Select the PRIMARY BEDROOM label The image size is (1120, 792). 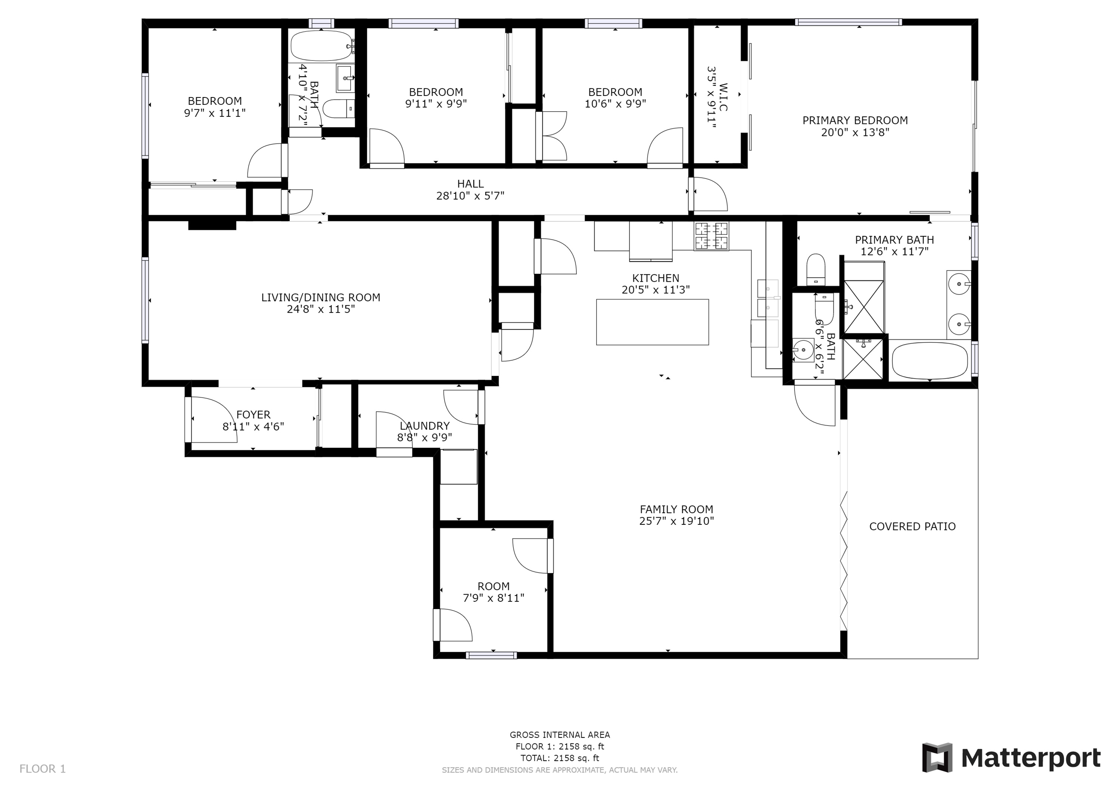[x=855, y=121]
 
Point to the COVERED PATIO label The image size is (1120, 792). [x=912, y=526]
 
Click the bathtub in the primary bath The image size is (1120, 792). [x=930, y=361]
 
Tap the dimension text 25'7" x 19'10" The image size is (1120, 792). [x=676, y=521]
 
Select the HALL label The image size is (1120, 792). [x=470, y=184]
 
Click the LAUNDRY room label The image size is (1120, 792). [x=424, y=426]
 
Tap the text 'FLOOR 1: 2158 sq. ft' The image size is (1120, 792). [x=560, y=746]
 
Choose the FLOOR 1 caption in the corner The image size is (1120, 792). [x=43, y=769]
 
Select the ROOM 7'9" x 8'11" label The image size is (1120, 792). [x=493, y=592]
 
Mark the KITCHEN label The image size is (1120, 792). [x=656, y=278]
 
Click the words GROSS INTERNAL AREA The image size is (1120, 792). [x=560, y=735]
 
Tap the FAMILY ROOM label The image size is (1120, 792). [x=676, y=509]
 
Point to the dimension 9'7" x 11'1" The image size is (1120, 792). [x=215, y=113]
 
